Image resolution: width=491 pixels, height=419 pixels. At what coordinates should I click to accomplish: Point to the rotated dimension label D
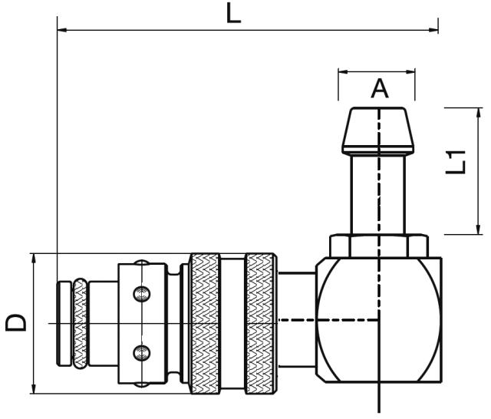[16, 322]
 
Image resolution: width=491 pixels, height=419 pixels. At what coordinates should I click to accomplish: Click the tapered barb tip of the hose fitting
[377, 130]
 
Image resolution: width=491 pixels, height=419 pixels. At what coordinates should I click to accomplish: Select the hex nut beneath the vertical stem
[378, 246]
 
